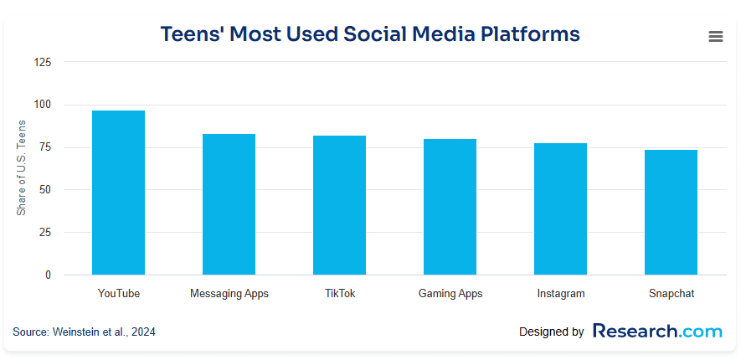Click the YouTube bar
[x=118, y=193]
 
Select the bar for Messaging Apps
[x=229, y=204]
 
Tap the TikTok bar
[x=339, y=205]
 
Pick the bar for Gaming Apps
[x=450, y=207]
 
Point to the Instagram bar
[x=560, y=208]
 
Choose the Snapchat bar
[x=671, y=212]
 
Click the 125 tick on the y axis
[x=43, y=62]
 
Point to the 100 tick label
[x=43, y=105]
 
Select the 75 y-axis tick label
[x=45, y=147]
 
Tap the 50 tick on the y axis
[x=45, y=190]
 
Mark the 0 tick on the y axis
[x=48, y=275]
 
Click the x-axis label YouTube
[x=118, y=294]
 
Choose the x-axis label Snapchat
[x=671, y=294]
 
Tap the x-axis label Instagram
[x=560, y=294]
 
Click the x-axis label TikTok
[x=339, y=294]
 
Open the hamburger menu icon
[x=715, y=36]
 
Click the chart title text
[x=369, y=34]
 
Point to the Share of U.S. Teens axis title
[x=22, y=168]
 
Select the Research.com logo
[x=656, y=332]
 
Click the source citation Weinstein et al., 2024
[x=84, y=332]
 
